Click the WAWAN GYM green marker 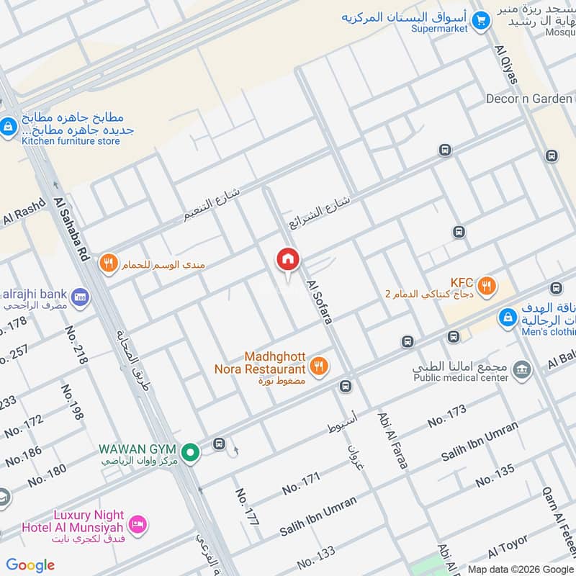190,453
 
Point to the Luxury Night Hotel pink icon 140,523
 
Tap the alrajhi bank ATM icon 81,296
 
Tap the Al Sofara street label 318,302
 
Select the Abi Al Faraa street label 392,441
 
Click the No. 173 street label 446,417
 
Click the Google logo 30,564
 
